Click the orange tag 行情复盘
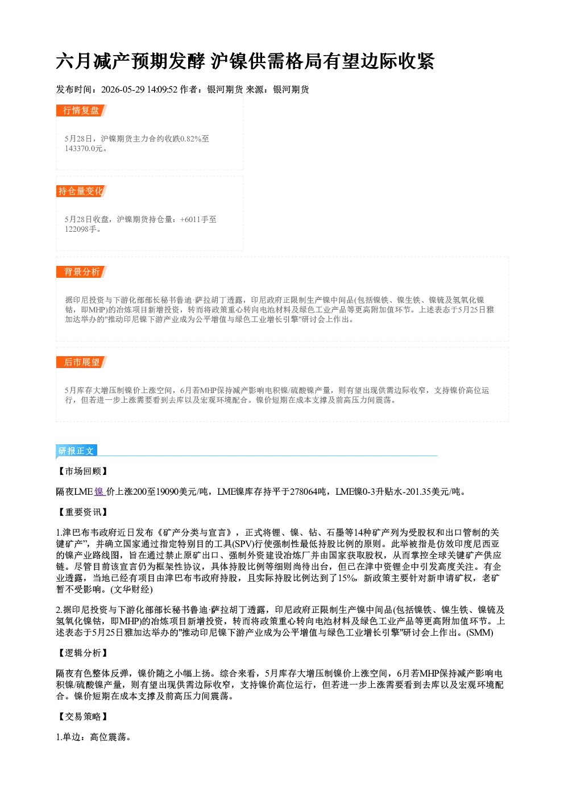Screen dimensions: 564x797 81,110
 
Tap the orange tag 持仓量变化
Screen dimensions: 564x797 81,191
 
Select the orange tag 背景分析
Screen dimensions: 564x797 81,272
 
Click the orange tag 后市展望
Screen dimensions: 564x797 81,362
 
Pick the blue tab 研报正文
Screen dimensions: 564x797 76,451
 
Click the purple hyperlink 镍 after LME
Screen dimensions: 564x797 99,492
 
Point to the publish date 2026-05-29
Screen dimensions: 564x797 123,89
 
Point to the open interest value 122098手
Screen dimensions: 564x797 82,229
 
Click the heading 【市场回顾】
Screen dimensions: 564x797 82,471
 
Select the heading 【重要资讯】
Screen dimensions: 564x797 82,512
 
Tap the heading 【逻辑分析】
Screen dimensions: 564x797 82,653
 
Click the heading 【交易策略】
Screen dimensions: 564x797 82,716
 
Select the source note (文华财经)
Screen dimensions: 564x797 131,590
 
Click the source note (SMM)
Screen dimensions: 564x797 480,633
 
